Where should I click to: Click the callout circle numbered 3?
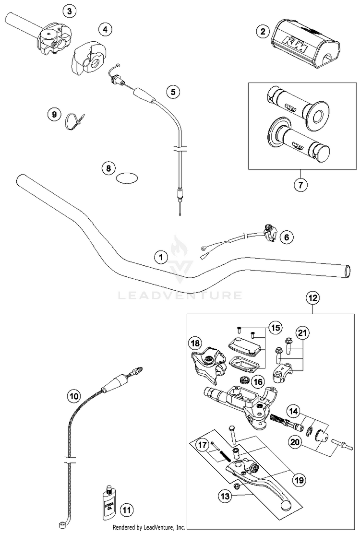(x=70, y=11)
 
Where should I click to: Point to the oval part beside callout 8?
(x=127, y=178)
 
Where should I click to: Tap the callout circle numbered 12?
(x=312, y=298)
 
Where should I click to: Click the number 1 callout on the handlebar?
(x=162, y=257)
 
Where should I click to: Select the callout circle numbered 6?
(x=287, y=237)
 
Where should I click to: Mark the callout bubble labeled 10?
(x=73, y=396)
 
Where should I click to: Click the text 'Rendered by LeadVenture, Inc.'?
(x=149, y=527)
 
